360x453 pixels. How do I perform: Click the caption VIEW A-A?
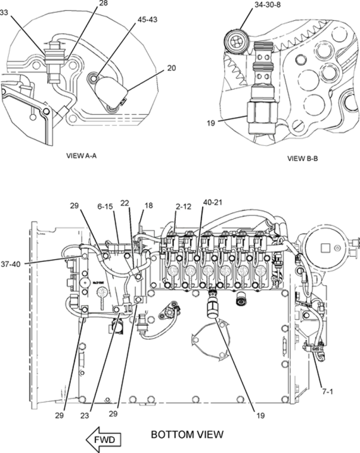click(x=80, y=154)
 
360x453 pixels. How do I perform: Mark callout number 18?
click(x=149, y=206)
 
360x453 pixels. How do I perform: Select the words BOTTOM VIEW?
click(x=186, y=435)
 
